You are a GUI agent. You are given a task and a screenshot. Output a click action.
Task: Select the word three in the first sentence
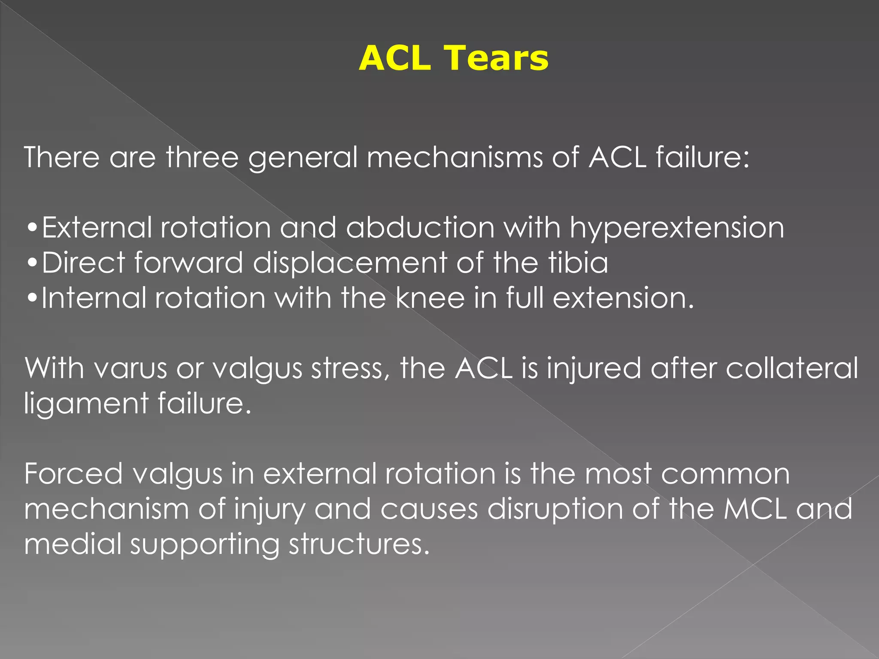tap(202, 157)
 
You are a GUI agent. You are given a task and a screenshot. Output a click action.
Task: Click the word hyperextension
tap(677, 228)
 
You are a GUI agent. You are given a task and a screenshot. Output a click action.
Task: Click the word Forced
tap(73, 474)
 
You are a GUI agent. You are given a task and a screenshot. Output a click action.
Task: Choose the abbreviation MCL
tap(755, 509)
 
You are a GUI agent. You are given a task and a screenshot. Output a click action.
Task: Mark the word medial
tap(73, 544)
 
